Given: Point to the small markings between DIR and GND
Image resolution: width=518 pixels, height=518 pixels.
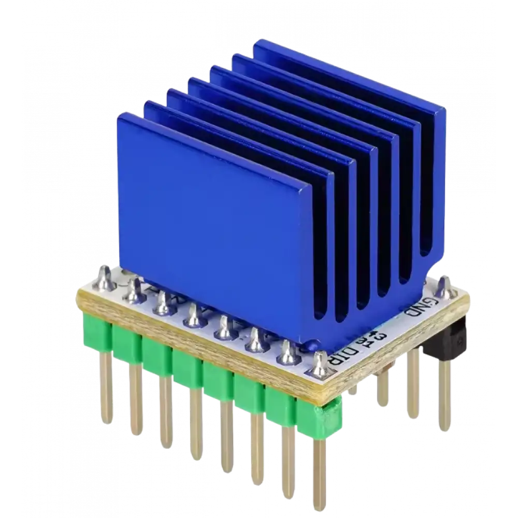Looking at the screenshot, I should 373,339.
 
